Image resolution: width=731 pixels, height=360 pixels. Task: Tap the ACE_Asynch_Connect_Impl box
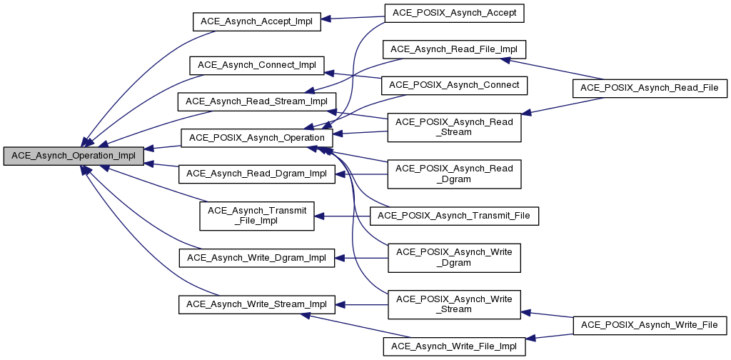[256, 64]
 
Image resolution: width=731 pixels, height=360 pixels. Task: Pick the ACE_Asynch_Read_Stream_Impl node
[256, 101]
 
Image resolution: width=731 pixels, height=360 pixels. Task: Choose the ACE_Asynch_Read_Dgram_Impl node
[256, 173]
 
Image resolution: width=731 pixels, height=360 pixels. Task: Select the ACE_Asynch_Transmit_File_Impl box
[256, 216]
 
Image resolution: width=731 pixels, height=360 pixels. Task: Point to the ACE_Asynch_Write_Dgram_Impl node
[256, 257]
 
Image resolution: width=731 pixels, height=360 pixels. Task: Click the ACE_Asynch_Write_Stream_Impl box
[256, 304]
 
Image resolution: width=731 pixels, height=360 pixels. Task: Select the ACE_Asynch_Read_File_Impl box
[454, 49]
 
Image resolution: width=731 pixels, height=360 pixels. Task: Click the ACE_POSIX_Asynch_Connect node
[454, 85]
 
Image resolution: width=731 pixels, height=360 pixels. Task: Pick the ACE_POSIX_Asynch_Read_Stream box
[454, 126]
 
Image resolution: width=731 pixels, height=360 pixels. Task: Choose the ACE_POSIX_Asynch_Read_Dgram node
[454, 174]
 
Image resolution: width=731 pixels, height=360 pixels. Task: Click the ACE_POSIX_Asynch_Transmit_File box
[454, 215]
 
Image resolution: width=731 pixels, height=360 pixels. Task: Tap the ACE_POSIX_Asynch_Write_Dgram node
[454, 257]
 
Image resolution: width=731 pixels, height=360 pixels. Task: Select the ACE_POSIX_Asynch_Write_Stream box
[454, 304]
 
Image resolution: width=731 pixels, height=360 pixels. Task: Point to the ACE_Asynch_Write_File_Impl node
[454, 346]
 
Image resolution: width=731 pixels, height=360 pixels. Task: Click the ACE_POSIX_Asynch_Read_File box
[650, 87]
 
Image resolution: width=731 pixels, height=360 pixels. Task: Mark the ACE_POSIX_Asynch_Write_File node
[650, 325]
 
